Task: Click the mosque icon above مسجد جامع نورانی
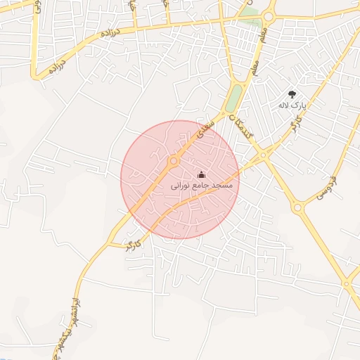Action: (x=201, y=175)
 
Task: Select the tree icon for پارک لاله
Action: (x=292, y=94)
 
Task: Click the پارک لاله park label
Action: (x=292, y=105)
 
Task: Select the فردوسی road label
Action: (x=325, y=187)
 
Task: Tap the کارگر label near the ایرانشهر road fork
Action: (x=134, y=245)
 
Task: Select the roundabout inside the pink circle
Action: (x=173, y=161)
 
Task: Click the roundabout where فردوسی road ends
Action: (x=297, y=207)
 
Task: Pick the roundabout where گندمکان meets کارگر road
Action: (x=263, y=154)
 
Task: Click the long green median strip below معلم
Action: (x=233, y=98)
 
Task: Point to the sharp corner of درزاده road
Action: (x=35, y=75)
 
